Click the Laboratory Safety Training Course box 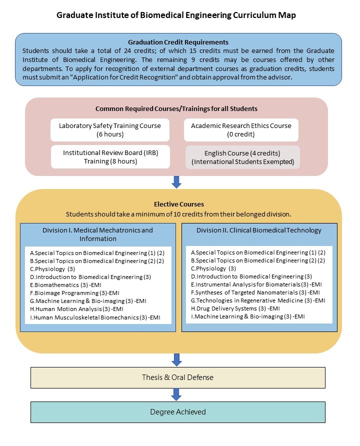click(x=109, y=130)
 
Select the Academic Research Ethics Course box click(x=241, y=130)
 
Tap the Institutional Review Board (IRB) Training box click(x=109, y=156)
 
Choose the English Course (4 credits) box click(x=242, y=157)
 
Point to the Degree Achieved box click(x=178, y=412)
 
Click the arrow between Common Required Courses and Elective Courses click(x=176, y=182)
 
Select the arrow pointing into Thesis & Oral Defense click(x=176, y=359)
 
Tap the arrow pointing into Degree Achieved click(x=176, y=394)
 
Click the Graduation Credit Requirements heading click(x=178, y=42)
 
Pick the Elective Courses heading click(x=178, y=204)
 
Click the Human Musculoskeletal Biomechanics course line click(x=95, y=317)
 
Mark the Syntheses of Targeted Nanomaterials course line click(x=255, y=292)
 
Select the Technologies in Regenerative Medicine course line click(x=258, y=300)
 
